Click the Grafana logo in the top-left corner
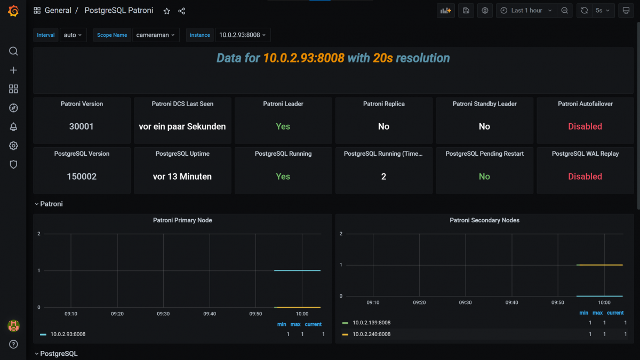(13, 11)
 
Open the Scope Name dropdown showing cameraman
(155, 35)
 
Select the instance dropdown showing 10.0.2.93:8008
(242, 35)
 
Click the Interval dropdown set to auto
(73, 35)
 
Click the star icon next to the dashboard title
(166, 11)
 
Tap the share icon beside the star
(181, 11)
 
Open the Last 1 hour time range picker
(526, 11)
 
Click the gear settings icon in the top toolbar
(485, 11)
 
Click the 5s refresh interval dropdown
(602, 11)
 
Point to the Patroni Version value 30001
(82, 126)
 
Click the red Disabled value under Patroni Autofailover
(585, 126)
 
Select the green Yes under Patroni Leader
(283, 126)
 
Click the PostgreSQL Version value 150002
(82, 177)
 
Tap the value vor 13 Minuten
(182, 177)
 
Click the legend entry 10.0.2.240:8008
(371, 334)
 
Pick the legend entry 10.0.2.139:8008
(371, 323)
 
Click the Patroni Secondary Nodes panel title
(484, 220)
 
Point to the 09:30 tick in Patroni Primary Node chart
(163, 314)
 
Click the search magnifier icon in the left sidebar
(14, 51)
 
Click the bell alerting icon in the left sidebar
(14, 127)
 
